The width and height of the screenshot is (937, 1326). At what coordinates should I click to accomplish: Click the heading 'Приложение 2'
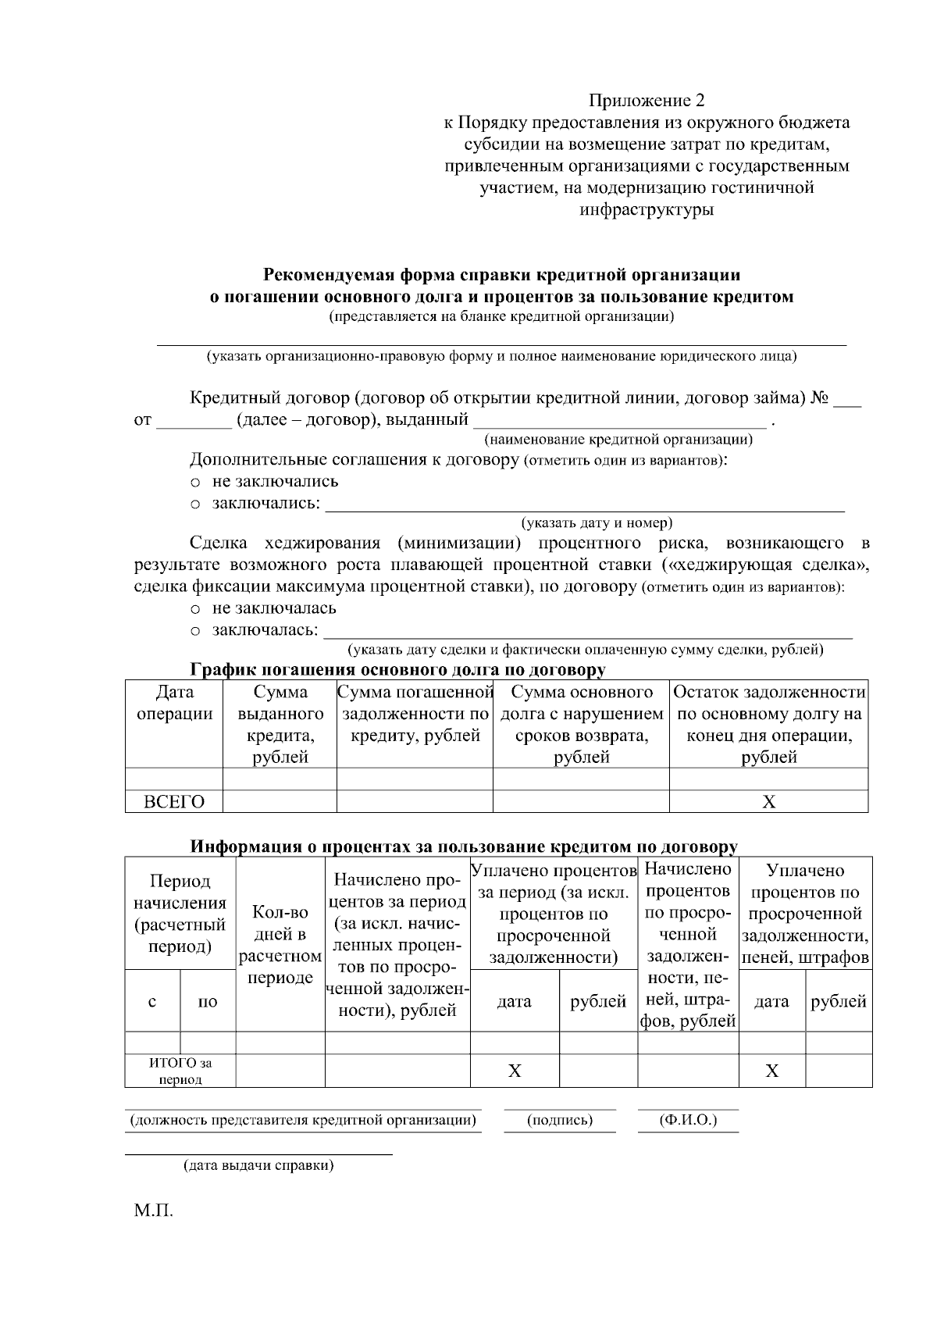tap(647, 101)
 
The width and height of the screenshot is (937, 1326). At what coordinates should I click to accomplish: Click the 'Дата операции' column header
tap(174, 703)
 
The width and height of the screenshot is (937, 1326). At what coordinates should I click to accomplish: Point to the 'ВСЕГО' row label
tap(174, 802)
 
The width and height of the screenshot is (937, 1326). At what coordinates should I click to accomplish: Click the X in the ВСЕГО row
tap(768, 802)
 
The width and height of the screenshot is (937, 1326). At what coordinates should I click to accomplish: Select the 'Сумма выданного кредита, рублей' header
tap(280, 724)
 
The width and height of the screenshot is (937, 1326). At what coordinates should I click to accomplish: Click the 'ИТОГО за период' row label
tap(180, 1071)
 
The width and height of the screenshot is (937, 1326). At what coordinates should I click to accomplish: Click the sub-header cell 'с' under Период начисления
tap(152, 1001)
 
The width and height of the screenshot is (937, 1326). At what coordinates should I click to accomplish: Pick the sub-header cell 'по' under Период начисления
tap(208, 1001)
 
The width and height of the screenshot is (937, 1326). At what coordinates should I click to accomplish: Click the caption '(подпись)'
tap(560, 1121)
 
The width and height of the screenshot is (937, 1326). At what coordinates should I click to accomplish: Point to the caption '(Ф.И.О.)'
tap(688, 1121)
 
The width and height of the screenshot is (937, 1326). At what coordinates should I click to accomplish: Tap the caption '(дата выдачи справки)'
tap(258, 1166)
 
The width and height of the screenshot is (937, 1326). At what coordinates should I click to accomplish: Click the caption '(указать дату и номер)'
tap(597, 522)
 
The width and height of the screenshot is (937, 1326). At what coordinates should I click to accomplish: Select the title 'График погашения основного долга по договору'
tap(397, 670)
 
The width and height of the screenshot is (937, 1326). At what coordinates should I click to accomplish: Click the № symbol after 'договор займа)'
tap(820, 398)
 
